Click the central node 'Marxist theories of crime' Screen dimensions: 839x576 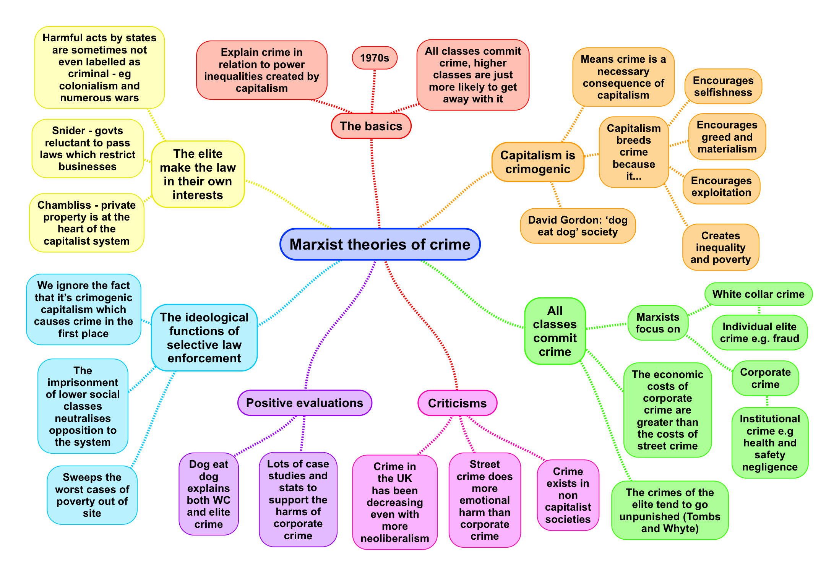(x=380, y=244)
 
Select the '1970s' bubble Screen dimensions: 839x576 (x=375, y=58)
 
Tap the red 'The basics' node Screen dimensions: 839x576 (x=371, y=126)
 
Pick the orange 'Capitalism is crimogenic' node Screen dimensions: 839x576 (x=538, y=162)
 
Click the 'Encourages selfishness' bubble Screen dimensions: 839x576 (x=723, y=86)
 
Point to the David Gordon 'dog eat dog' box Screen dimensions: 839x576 (x=578, y=226)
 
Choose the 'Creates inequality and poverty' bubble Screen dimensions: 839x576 (x=721, y=247)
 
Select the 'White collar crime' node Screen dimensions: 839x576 (x=758, y=294)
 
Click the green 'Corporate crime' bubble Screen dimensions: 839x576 (x=765, y=378)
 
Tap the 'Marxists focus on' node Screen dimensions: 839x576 (x=658, y=323)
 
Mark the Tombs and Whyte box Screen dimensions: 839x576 (x=670, y=510)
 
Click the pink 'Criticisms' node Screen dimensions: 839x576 (x=457, y=403)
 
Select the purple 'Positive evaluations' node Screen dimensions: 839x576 (x=305, y=403)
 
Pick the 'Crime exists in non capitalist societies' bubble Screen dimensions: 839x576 (x=568, y=495)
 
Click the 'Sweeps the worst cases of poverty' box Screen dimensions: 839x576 (x=92, y=495)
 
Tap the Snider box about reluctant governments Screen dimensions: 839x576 (x=88, y=148)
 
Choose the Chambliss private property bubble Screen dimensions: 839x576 (x=86, y=223)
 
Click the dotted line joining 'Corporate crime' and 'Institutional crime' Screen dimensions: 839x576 (x=767, y=402)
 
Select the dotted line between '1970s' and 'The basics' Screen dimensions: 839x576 (x=373, y=91)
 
